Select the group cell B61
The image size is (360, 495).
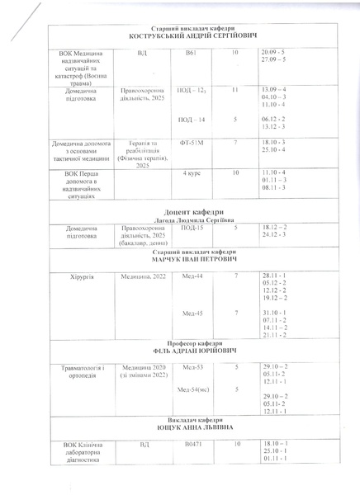(191, 53)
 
